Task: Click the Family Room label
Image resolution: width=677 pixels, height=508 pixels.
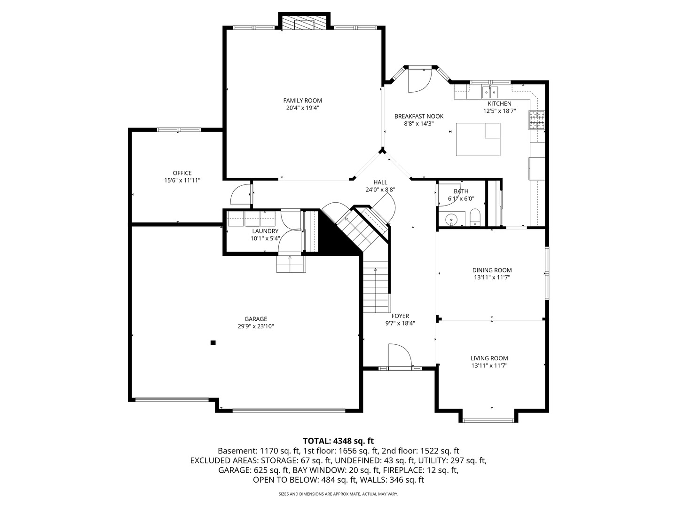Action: click(302, 100)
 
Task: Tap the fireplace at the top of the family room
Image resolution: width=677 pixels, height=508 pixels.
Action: click(305, 24)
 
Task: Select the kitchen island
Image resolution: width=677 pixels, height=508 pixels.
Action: click(478, 139)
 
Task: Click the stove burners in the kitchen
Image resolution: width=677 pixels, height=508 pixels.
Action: click(536, 120)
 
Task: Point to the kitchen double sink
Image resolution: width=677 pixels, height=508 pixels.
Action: click(490, 90)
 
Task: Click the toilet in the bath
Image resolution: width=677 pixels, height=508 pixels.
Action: click(474, 217)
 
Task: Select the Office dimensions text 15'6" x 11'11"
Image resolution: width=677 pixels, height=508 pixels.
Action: click(182, 180)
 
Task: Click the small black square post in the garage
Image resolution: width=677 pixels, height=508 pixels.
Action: click(213, 343)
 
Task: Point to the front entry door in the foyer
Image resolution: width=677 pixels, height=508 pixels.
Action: click(399, 357)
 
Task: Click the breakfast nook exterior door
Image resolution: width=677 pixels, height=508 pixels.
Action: click(418, 80)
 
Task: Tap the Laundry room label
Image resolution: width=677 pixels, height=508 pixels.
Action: click(265, 231)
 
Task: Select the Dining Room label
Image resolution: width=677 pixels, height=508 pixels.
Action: click(492, 270)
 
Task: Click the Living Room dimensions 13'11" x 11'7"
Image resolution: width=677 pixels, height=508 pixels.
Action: click(489, 365)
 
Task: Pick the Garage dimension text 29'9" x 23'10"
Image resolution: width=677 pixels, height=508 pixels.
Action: click(255, 326)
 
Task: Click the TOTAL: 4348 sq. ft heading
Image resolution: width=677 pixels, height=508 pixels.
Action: click(338, 441)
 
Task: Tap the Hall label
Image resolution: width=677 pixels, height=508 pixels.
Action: click(380, 183)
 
